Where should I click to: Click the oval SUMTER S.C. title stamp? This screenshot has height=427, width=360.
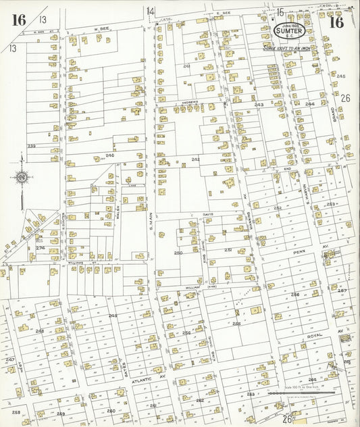point(290,30)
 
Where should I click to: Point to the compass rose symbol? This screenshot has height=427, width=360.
point(21,177)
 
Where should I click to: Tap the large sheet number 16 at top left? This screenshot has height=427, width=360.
point(18,20)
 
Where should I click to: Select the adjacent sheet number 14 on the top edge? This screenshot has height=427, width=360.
point(150,11)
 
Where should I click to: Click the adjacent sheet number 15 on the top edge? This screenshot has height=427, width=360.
point(279,11)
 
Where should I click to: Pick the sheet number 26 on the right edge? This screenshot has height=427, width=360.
point(345,98)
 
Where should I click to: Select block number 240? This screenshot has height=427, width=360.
point(109,155)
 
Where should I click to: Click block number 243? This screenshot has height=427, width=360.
point(259,105)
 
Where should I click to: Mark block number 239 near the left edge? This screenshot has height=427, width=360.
point(32,145)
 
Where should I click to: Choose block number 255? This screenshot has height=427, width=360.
point(236,324)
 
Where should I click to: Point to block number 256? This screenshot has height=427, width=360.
point(294,295)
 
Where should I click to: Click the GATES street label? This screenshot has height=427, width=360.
point(126,368)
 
